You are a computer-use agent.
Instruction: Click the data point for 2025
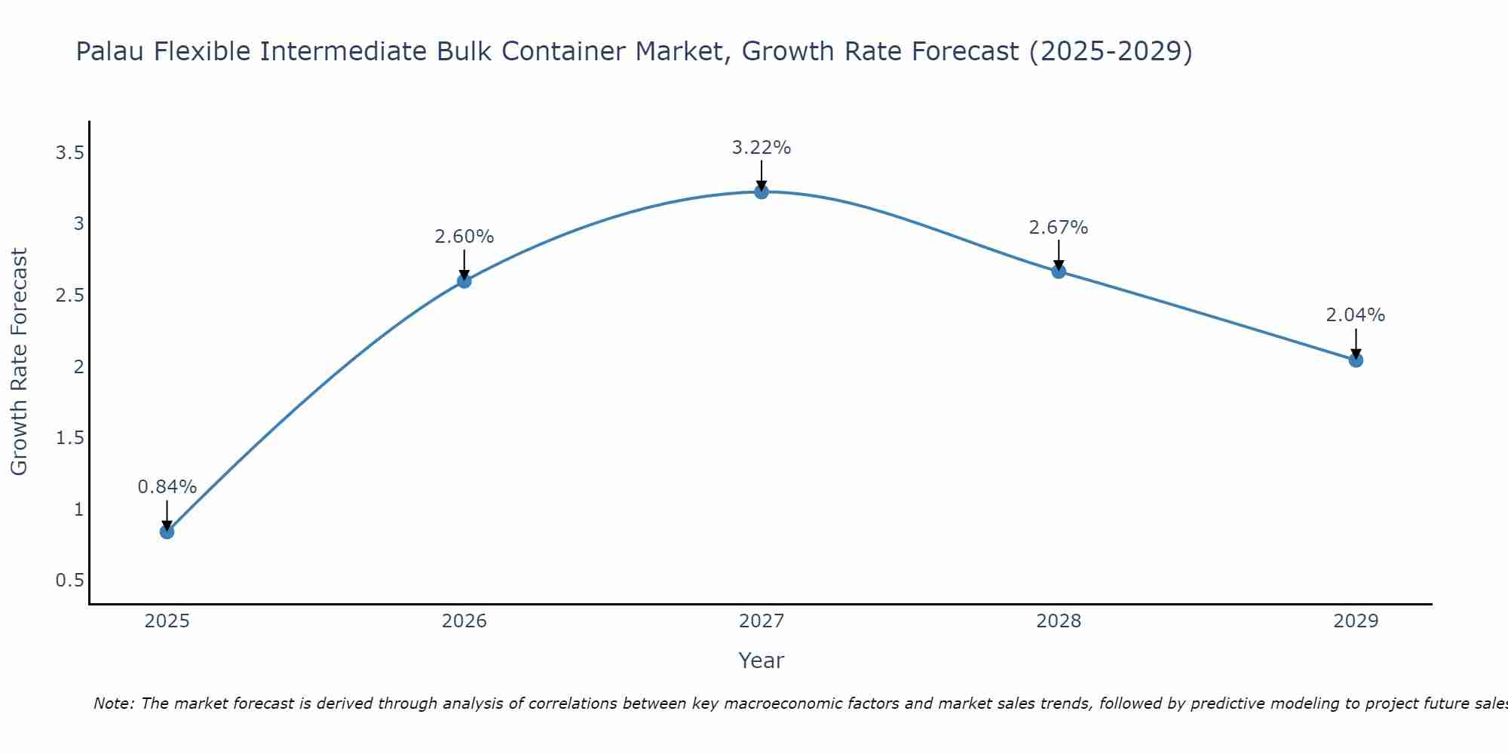167,532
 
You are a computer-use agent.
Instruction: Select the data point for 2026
464,281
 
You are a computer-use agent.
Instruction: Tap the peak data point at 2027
761,192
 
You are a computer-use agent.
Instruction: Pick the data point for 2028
1058,271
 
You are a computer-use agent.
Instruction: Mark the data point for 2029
1355,360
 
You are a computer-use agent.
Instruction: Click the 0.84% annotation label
167,487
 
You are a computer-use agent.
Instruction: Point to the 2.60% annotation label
464,237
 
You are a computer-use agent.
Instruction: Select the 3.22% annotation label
761,148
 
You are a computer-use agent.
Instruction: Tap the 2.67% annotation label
1058,228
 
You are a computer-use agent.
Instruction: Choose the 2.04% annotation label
1355,315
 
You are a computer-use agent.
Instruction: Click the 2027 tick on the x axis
761,621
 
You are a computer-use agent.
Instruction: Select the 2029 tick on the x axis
1355,621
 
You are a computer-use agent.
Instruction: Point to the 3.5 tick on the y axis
69,154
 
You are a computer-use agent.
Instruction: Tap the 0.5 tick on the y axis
69,581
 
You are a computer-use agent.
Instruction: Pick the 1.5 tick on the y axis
69,438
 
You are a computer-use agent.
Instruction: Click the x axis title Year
761,661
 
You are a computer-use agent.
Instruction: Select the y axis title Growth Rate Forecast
20,362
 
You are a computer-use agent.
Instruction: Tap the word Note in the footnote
112,703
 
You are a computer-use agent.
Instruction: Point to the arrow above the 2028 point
1058,254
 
